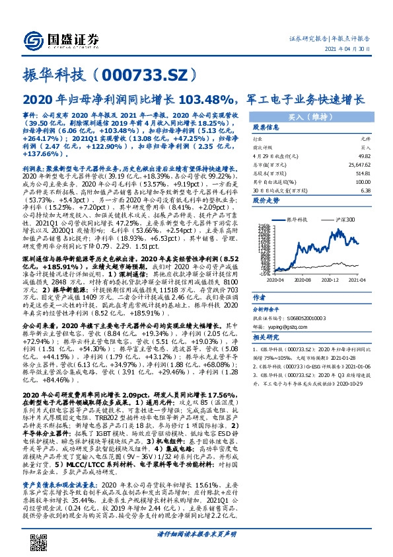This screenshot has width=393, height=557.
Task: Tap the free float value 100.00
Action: (362, 181)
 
